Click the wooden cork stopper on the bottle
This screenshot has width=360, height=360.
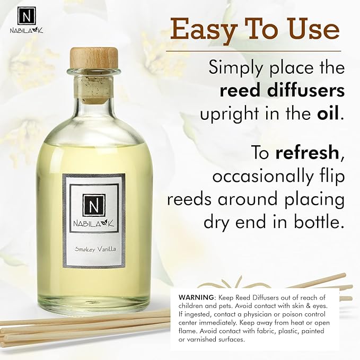[x=94, y=58]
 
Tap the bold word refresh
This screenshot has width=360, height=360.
[x=306, y=154]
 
